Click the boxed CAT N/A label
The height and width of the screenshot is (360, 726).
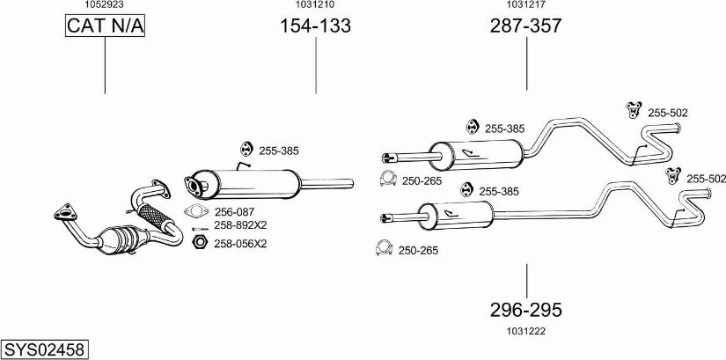(105, 26)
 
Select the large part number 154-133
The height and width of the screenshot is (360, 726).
(315, 26)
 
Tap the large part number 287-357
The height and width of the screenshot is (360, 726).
(526, 26)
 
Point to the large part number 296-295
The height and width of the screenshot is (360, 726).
(526, 310)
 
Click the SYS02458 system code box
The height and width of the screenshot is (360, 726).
(45, 349)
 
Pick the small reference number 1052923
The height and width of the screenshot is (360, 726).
(104, 4)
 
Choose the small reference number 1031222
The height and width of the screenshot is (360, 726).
(526, 331)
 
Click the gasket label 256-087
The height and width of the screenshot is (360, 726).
(234, 212)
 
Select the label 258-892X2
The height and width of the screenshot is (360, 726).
(240, 225)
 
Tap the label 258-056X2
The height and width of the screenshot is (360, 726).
(240, 244)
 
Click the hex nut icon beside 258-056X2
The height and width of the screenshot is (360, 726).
(199, 242)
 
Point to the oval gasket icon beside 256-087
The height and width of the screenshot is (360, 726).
(197, 211)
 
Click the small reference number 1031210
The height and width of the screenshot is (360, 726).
(315, 4)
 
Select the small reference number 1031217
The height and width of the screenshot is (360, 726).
(526, 4)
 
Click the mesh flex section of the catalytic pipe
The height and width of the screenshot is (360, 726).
(155, 216)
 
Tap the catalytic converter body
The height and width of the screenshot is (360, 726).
(122, 239)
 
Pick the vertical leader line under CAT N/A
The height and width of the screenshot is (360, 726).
(105, 65)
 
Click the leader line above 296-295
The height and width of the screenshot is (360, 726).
(526, 282)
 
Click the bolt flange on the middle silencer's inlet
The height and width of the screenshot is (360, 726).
(193, 186)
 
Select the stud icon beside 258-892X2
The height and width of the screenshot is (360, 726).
(200, 229)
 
